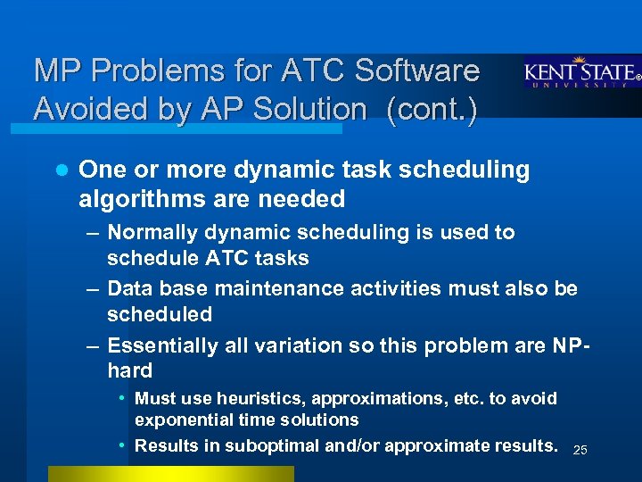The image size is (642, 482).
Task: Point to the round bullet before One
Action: pos(59,170)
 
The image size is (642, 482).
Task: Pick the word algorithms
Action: pos(133,197)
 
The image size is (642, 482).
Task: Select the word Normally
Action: pos(152,233)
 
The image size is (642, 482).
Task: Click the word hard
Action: pos(129,370)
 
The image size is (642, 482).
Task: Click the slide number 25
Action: pos(580,449)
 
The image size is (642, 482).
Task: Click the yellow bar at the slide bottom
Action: pos(170,474)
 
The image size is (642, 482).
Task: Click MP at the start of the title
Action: pos(55,71)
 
